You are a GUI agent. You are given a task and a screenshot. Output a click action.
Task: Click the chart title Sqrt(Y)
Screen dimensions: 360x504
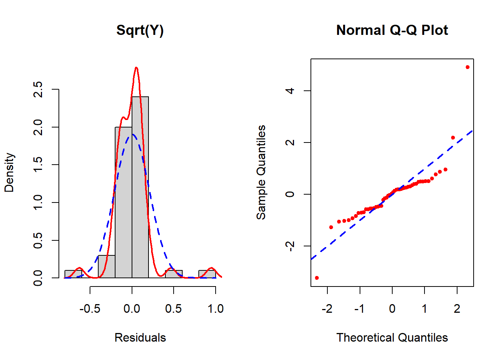click(x=140, y=30)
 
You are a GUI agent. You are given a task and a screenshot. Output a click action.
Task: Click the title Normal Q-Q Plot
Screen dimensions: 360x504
click(x=392, y=30)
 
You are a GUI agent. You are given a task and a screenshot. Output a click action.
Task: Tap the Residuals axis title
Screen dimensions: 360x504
click(x=140, y=337)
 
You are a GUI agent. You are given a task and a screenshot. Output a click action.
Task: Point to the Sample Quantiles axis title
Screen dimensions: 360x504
click(x=261, y=172)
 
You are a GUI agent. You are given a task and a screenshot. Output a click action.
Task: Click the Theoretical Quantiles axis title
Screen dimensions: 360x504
click(x=392, y=337)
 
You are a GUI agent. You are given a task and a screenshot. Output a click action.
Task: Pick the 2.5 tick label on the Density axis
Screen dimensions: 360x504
click(x=38, y=89)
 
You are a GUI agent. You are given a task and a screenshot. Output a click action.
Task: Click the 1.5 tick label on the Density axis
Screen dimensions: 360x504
click(x=38, y=165)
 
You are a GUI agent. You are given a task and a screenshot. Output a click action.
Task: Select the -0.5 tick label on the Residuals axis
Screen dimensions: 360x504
click(x=90, y=309)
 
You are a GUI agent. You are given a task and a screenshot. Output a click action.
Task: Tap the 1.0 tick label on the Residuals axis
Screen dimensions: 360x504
click(x=216, y=309)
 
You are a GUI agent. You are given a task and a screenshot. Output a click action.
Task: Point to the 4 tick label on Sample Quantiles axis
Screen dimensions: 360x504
click(x=290, y=91)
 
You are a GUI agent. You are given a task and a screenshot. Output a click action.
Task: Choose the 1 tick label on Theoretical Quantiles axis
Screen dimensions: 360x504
click(x=424, y=309)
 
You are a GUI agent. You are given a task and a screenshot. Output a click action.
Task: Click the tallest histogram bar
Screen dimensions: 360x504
click(x=140, y=187)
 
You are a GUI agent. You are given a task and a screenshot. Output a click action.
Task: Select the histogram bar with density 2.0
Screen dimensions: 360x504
click(x=123, y=202)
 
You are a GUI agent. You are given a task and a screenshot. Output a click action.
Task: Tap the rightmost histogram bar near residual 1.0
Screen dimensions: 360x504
click(x=207, y=274)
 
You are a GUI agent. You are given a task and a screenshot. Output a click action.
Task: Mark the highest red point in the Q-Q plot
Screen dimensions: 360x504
click(x=468, y=67)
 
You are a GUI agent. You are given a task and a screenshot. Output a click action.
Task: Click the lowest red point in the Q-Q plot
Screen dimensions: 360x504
click(x=317, y=278)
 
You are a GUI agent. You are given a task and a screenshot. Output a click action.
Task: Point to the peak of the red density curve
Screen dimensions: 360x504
click(x=136, y=68)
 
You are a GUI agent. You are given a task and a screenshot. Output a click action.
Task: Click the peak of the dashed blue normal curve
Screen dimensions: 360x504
click(x=132, y=134)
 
